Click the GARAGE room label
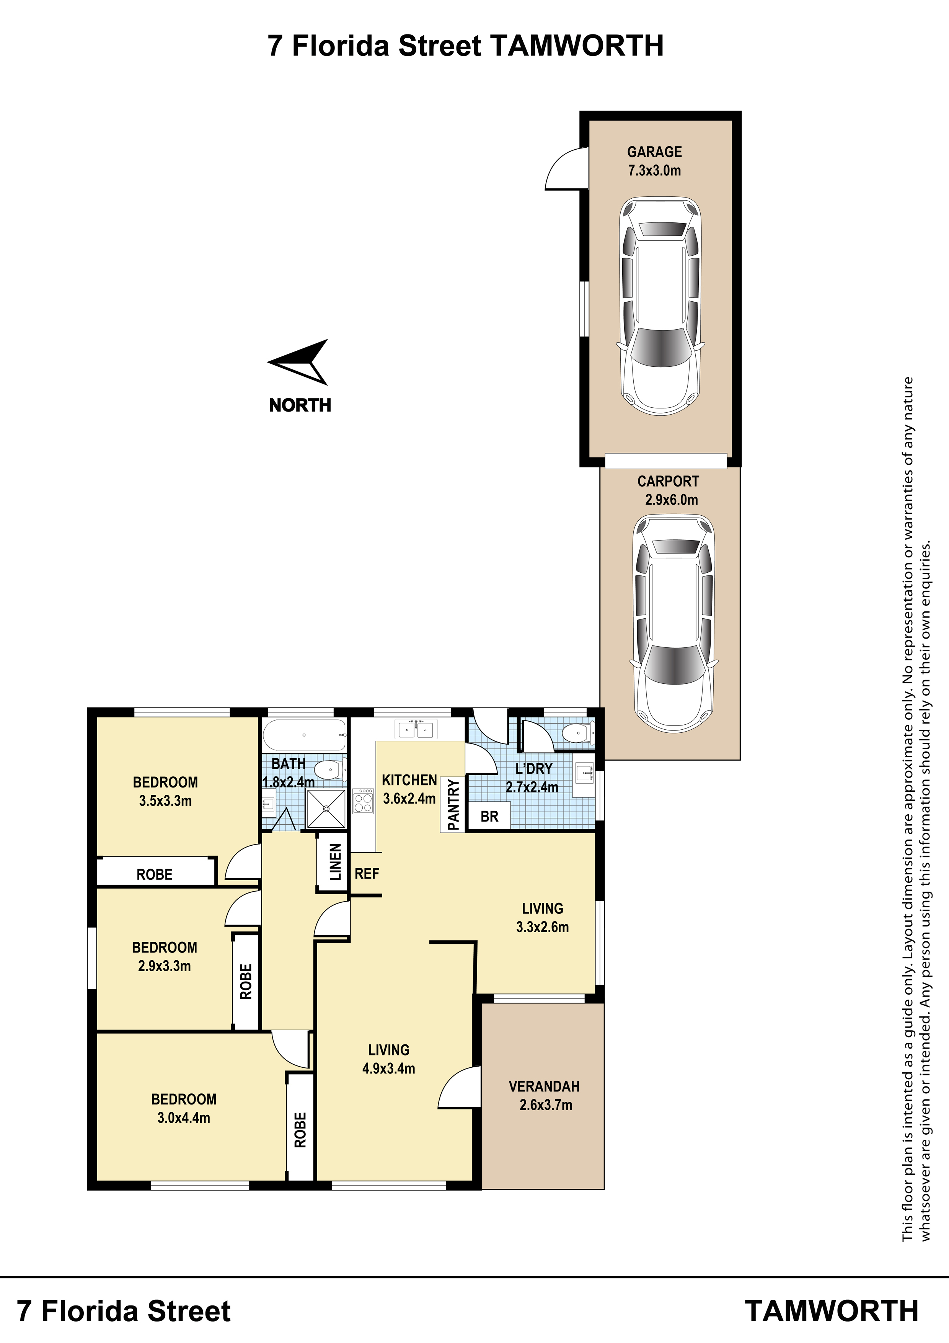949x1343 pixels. (x=654, y=152)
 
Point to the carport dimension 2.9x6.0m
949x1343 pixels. (x=671, y=500)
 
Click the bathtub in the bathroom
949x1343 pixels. (x=304, y=735)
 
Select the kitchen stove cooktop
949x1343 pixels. (x=363, y=801)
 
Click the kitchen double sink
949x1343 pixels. (x=416, y=729)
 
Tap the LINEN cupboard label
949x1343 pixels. (x=335, y=862)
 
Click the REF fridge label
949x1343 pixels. (x=367, y=874)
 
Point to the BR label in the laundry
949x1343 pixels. (x=489, y=817)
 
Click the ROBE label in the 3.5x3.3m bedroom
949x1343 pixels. (x=154, y=874)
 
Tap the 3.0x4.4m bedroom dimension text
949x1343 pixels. (x=184, y=1118)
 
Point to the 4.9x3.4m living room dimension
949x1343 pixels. (x=389, y=1069)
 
